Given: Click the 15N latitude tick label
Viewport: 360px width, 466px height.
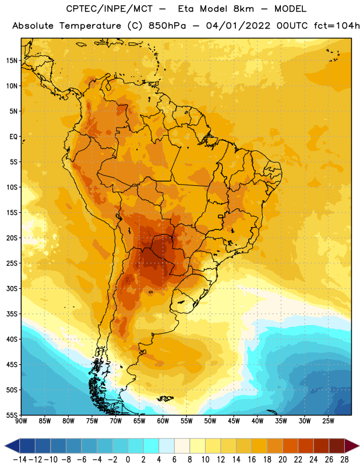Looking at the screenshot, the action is coord(12,61).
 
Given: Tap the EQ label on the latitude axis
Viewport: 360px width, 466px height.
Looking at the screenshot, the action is coord(13,137).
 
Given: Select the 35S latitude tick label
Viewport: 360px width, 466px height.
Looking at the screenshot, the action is coord(12,314).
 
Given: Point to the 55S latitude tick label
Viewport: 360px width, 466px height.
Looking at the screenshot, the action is coord(12,415).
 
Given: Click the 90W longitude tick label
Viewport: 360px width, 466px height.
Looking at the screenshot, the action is coord(21,421).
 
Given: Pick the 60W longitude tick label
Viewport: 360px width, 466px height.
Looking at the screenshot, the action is coord(163,421).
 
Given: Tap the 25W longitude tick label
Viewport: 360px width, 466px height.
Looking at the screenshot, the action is coord(328,421).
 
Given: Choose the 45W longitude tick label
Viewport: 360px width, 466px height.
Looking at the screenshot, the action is coord(234,421).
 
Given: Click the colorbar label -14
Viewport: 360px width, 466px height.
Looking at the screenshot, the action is coord(20,460).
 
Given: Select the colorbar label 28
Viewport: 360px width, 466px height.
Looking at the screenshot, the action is coord(344,460).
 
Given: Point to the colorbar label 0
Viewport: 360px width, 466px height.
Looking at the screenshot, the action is coord(128,460).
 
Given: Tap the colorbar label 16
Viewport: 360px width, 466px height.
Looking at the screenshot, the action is coord(252,460).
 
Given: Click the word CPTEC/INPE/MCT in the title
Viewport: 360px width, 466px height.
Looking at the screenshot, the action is coord(110,9).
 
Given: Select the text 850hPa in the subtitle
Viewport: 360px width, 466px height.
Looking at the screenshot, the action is coord(167,26).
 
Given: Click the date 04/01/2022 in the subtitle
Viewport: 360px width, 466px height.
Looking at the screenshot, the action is coord(238,26).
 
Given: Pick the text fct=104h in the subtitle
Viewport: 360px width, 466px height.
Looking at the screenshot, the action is coord(337,26).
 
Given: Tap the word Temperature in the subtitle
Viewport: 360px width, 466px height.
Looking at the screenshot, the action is coord(90,26).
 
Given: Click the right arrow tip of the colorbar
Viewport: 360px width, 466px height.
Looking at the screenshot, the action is coord(359,446).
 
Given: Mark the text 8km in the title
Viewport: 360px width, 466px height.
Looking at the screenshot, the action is coord(243,9).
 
